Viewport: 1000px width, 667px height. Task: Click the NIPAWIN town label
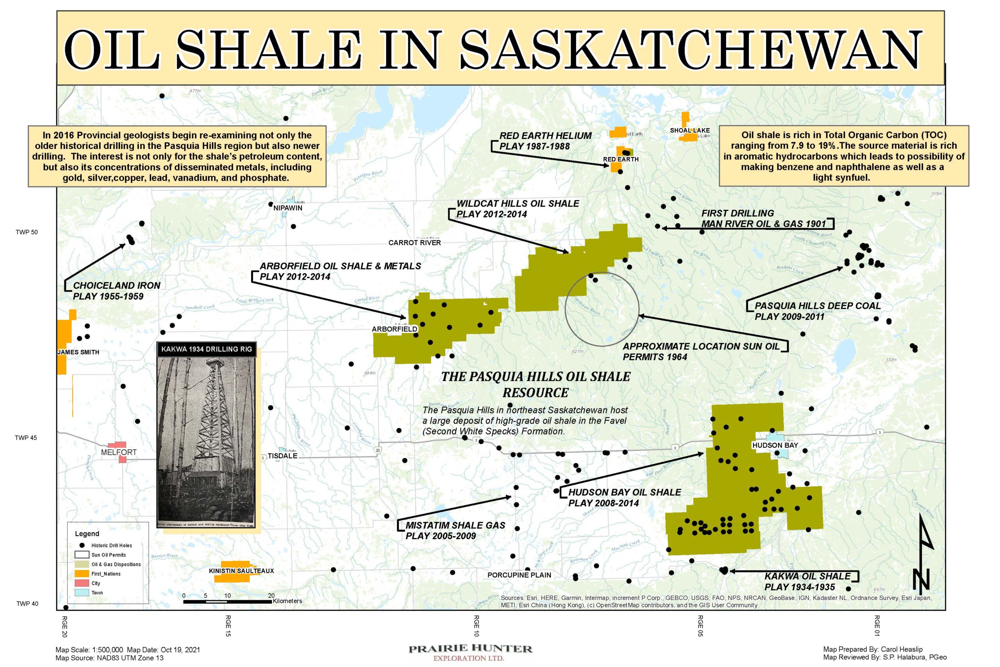287,208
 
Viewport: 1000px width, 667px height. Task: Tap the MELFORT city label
119,452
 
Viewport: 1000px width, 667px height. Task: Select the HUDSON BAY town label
775,445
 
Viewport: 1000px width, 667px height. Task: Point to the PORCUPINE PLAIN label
519,575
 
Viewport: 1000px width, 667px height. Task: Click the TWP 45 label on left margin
26,438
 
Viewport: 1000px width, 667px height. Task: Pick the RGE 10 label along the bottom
477,626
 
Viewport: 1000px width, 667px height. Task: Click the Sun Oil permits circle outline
566,310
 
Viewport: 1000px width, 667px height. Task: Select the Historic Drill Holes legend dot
82,545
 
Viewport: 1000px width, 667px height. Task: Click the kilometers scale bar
227,601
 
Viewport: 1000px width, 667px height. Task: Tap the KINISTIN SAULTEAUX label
241,571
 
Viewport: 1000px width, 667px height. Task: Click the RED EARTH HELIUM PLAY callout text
545,141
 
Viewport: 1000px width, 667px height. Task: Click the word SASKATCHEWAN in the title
691,50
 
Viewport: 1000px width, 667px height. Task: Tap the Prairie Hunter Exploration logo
470,652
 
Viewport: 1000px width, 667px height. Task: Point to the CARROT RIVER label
414,243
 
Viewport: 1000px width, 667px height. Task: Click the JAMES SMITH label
78,352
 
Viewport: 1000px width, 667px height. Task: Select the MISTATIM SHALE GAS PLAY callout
455,531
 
